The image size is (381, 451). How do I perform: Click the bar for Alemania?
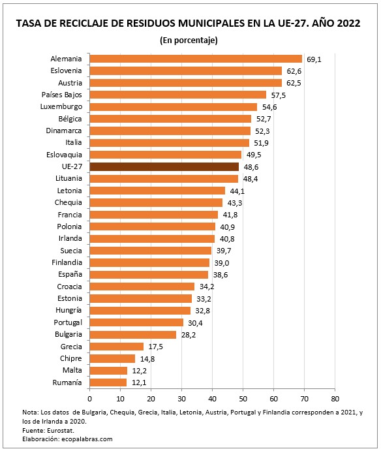195,59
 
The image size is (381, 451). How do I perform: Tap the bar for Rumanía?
108,382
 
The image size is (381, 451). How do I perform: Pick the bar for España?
148,274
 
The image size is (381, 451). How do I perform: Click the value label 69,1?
314,59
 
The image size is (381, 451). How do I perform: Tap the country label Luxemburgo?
61,106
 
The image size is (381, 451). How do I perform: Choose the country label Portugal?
68,322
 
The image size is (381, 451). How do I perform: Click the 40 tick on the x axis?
211,396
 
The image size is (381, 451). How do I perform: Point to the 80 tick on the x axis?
334,396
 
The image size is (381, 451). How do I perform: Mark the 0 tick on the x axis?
89,396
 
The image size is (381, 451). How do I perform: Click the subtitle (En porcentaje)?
189,40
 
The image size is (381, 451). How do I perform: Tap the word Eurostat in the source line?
61,430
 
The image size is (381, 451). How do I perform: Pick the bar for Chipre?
112,358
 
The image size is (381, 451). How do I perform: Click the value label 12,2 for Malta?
139,370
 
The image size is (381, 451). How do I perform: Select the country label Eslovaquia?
63,155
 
